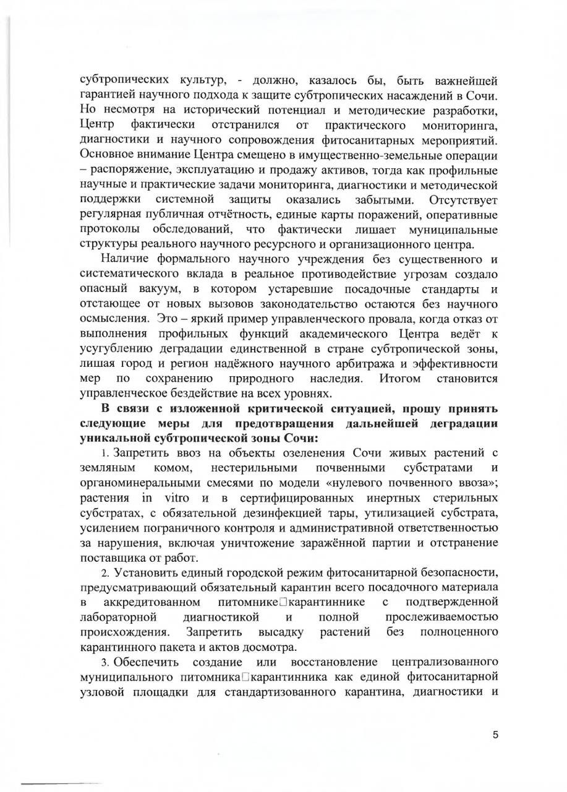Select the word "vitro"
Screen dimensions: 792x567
tap(178, 498)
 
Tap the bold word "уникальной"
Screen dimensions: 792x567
tap(118, 438)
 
